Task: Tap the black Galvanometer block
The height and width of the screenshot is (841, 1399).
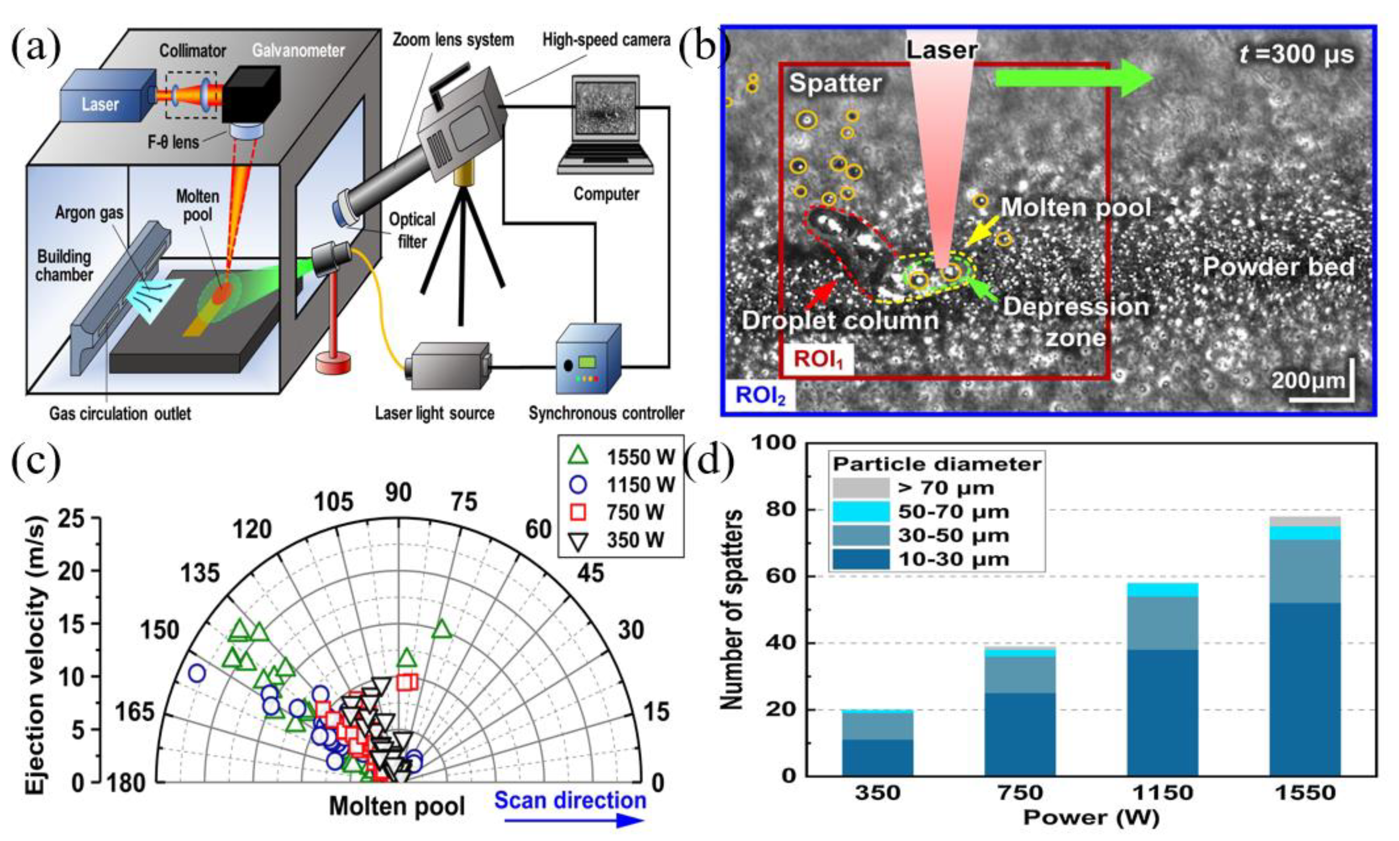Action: pos(251,93)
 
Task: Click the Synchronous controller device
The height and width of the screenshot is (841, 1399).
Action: pos(588,360)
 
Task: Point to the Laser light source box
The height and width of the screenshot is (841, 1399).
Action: pos(450,366)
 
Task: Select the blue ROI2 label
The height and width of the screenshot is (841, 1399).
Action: pos(760,395)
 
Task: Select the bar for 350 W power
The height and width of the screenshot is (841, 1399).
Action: pos(877,743)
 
